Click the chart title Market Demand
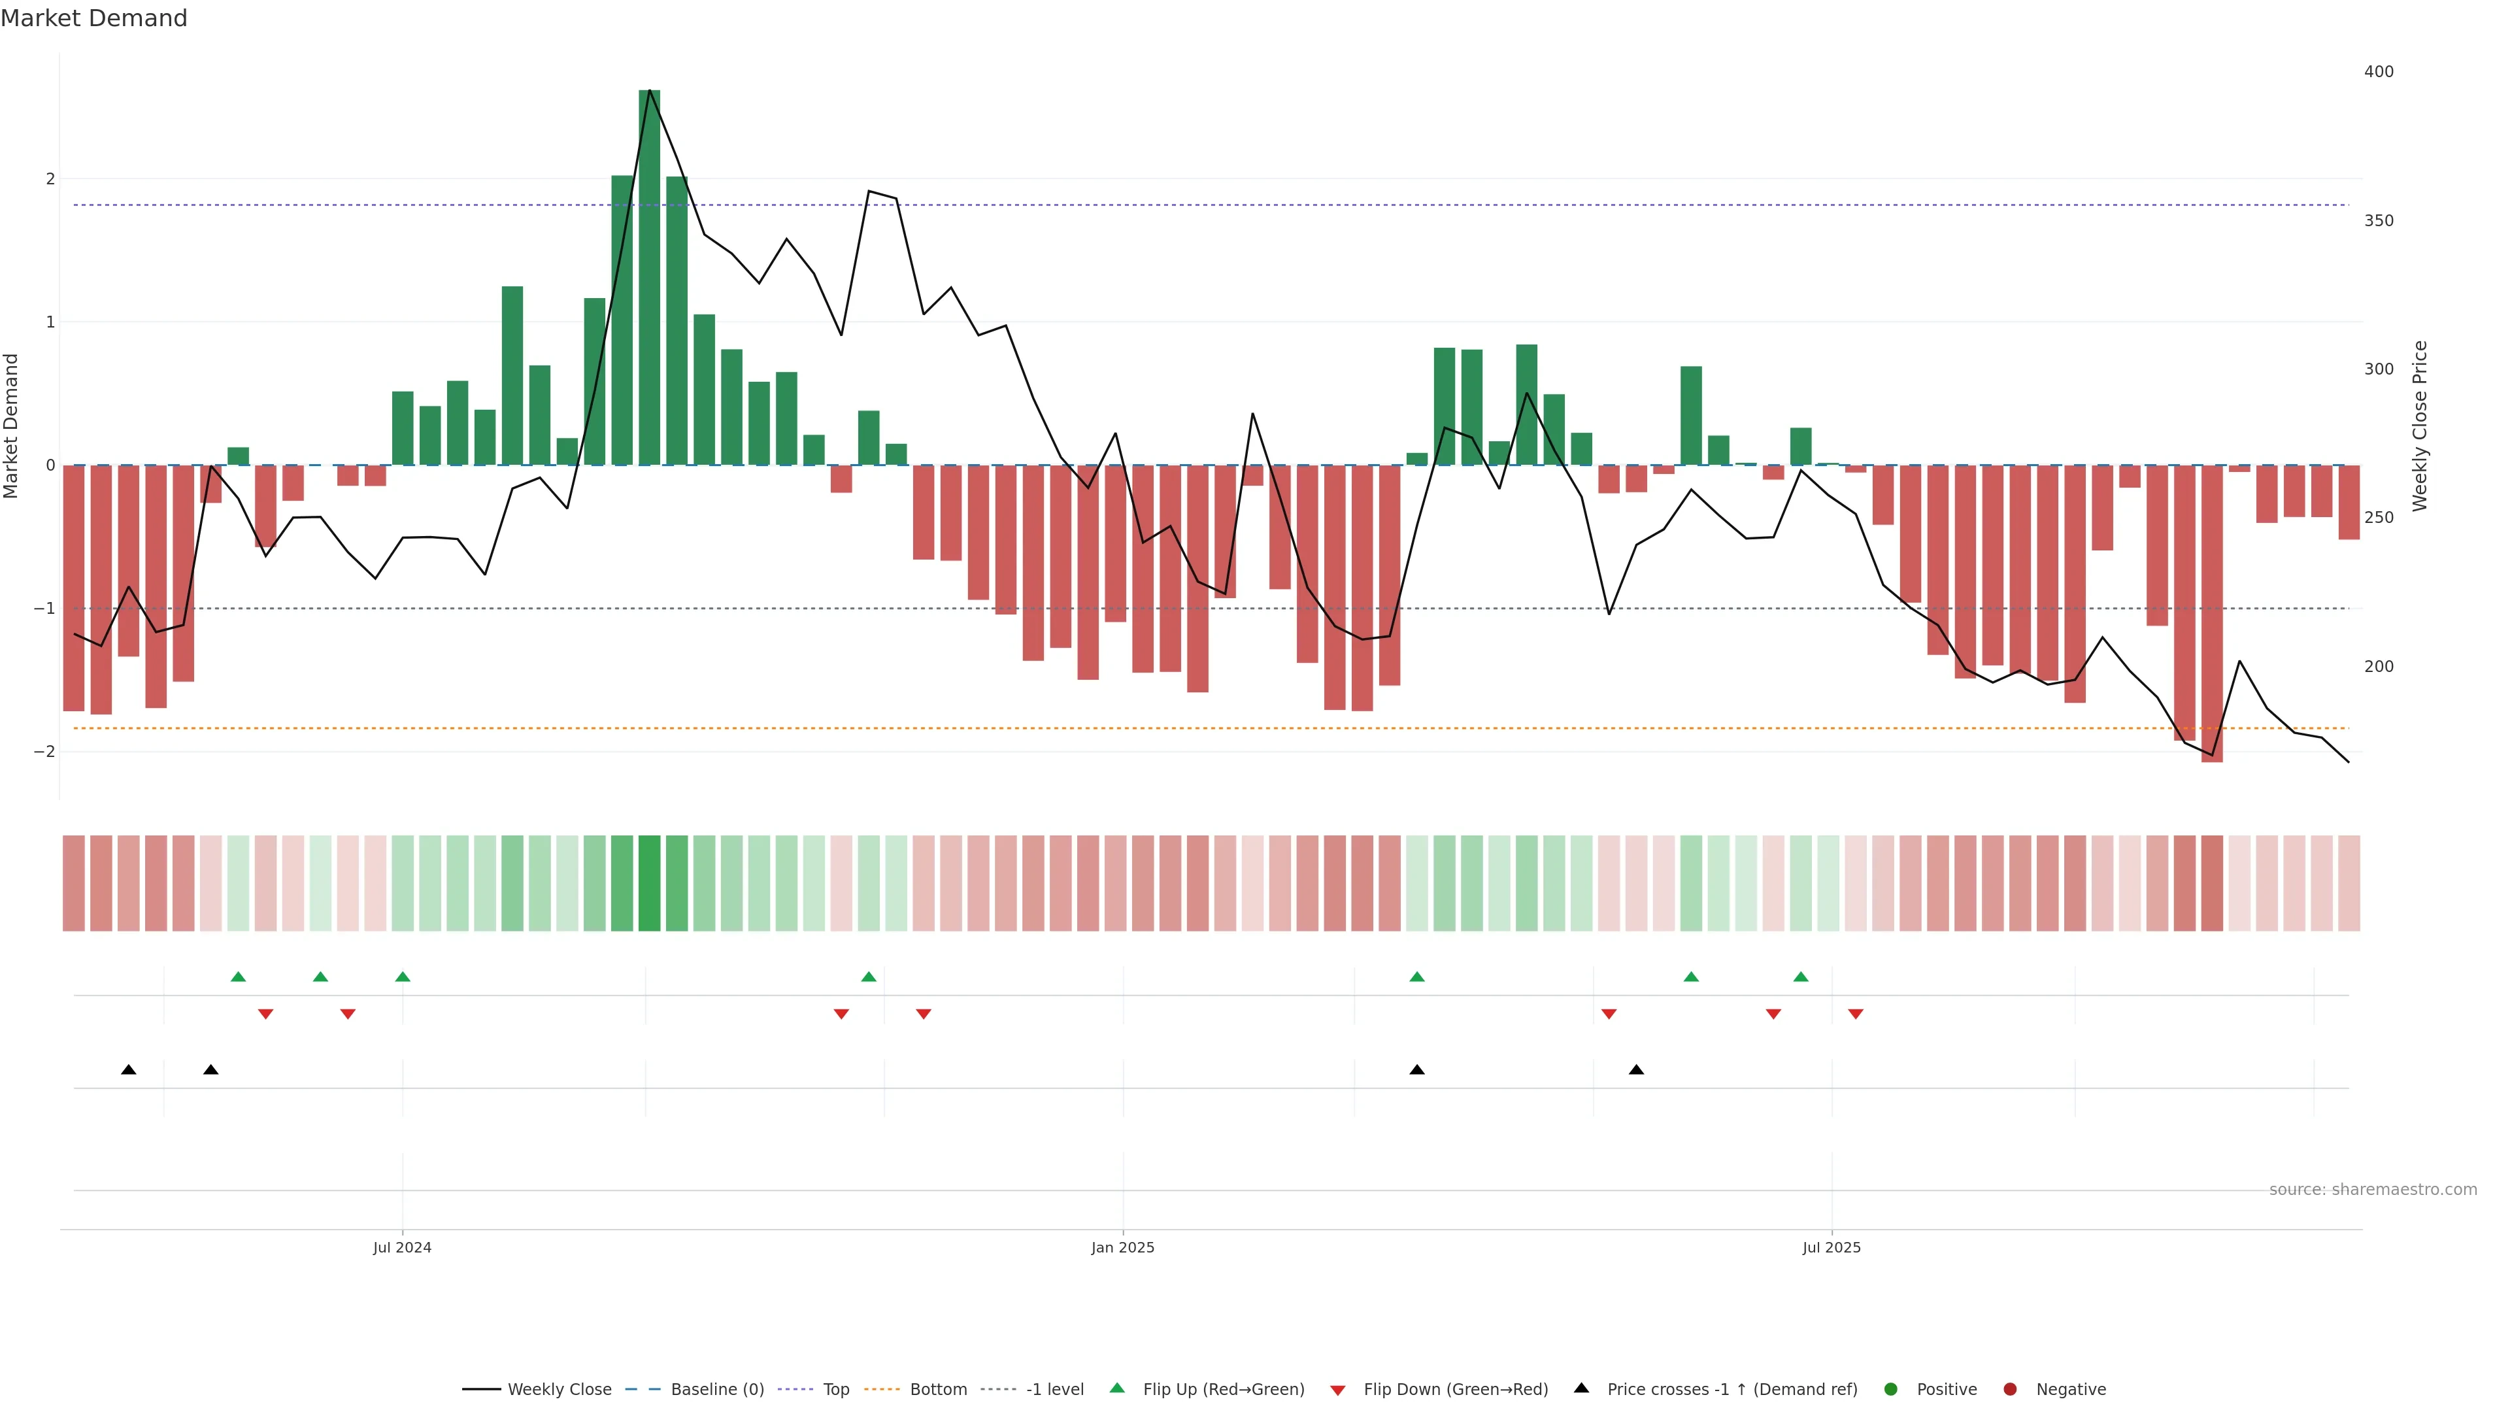tap(93, 18)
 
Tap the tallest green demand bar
tap(649, 278)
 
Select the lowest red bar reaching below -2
tap(2212, 614)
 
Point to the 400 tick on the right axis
tap(2379, 72)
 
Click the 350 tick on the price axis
tap(2379, 221)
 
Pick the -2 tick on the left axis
tap(45, 751)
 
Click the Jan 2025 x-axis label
tap(1122, 1247)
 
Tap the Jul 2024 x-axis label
tap(401, 1247)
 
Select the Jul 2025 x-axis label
tap(1831, 1247)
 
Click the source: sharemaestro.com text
tap(2373, 1190)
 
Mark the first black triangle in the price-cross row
tap(129, 1070)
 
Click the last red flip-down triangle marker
tap(1855, 1015)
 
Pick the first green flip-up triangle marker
tap(238, 977)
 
